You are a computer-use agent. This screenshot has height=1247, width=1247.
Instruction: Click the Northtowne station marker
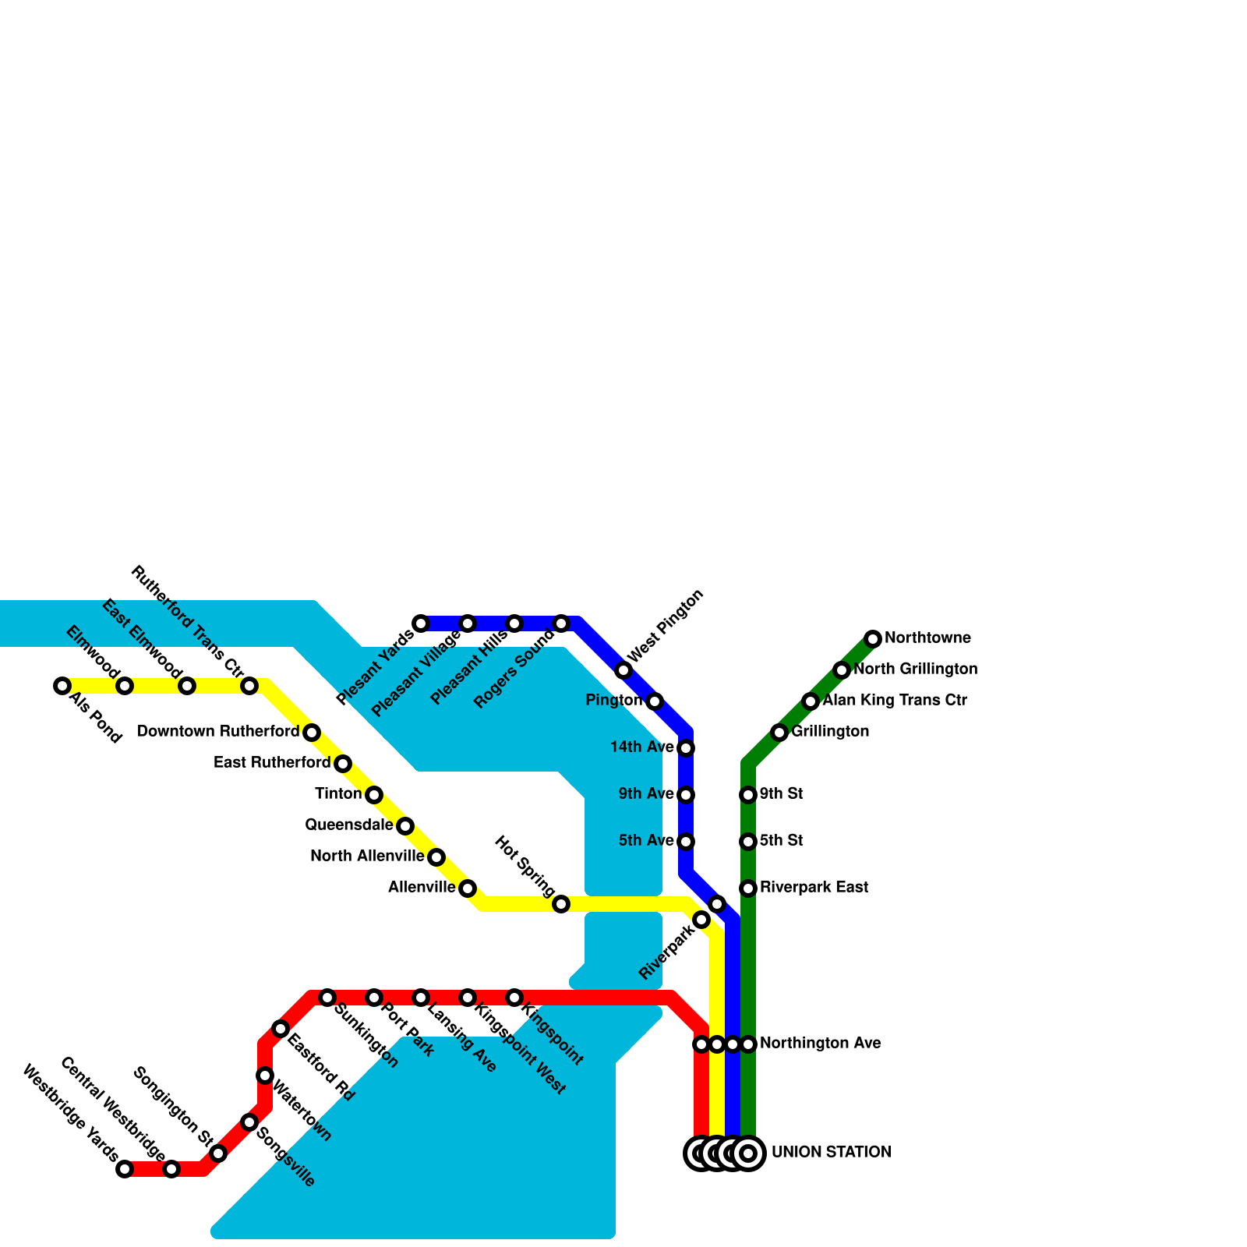point(873,639)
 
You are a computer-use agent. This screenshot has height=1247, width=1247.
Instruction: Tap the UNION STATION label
point(831,1153)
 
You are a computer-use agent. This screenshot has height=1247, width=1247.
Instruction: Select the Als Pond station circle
point(62,686)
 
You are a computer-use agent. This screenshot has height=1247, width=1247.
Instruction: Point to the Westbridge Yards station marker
point(125,1169)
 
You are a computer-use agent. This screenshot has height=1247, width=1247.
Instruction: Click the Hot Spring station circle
point(561,904)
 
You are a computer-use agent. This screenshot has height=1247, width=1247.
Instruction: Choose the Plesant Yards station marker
point(421,623)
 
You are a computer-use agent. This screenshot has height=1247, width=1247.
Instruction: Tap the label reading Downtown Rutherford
point(218,732)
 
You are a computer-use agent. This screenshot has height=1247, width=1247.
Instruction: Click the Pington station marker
point(655,701)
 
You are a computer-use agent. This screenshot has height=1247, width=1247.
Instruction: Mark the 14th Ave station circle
point(686,748)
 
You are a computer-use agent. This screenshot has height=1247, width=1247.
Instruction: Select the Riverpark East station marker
point(748,888)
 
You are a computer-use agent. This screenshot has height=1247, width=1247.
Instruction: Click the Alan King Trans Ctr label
point(895,701)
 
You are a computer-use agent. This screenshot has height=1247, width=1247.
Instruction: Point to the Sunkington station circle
point(327,998)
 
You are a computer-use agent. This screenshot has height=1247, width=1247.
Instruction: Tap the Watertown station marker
point(265,1076)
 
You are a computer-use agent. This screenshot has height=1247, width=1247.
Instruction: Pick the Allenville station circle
point(468,888)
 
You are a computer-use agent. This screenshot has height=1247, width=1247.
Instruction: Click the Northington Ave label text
point(820,1044)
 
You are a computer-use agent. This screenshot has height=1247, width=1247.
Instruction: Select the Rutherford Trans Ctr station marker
point(249,686)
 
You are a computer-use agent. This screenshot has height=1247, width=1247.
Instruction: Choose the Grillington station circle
point(779,733)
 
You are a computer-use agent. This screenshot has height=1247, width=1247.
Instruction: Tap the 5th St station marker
point(748,842)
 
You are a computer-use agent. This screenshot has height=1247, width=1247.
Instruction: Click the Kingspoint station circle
point(514,998)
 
